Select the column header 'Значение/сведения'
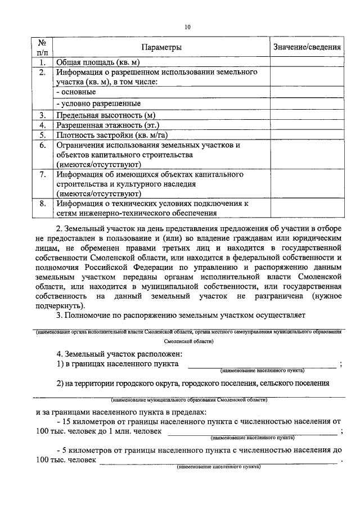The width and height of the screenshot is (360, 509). pos(307,47)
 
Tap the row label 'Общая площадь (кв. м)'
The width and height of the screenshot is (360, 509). pos(97,62)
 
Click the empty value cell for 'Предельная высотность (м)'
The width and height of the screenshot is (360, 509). pos(307,115)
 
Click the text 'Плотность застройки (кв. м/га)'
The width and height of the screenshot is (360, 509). pos(112,135)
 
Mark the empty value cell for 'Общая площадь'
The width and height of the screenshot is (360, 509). pos(307,62)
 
